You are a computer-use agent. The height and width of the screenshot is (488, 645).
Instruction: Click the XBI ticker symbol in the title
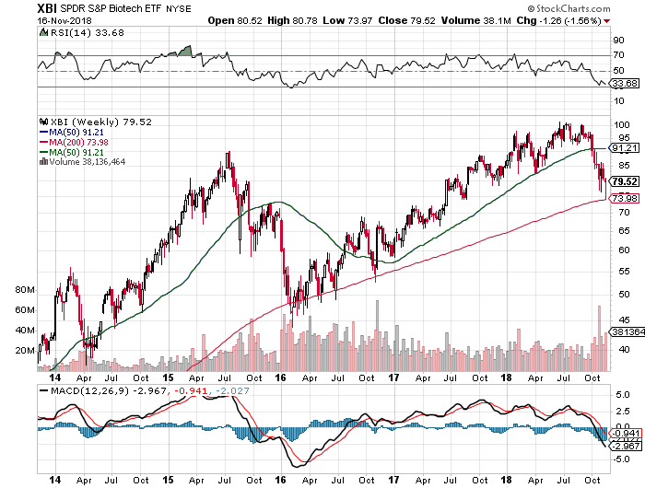point(47,8)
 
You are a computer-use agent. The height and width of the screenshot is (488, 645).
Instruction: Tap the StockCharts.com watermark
point(569,8)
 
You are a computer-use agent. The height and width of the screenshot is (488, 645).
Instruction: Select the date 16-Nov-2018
point(64,20)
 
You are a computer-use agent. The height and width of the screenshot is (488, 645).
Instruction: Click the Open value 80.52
point(250,20)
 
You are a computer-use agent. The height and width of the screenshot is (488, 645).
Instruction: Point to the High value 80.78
point(305,20)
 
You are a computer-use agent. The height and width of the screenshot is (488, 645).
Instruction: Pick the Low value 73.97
point(359,20)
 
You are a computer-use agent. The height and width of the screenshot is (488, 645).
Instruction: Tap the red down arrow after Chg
point(606,21)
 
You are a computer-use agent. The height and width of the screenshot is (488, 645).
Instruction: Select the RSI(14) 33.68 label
point(82,33)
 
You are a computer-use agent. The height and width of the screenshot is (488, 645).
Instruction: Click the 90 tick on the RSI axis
point(618,41)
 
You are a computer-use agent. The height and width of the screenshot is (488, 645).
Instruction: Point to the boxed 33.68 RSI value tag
point(625,84)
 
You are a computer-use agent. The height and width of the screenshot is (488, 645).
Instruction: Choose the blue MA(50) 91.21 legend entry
point(72,133)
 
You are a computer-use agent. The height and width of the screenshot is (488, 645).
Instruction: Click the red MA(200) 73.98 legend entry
point(74,142)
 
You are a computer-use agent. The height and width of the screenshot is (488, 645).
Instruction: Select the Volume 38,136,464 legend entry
point(82,161)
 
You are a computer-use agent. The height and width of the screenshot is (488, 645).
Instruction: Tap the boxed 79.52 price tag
point(625,181)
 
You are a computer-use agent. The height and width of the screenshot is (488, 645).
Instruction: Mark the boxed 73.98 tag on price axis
point(625,199)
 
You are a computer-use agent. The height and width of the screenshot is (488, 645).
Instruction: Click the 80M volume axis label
point(25,290)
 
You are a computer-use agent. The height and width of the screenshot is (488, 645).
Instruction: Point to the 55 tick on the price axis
point(625,272)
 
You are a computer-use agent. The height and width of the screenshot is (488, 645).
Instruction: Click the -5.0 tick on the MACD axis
point(622,459)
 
